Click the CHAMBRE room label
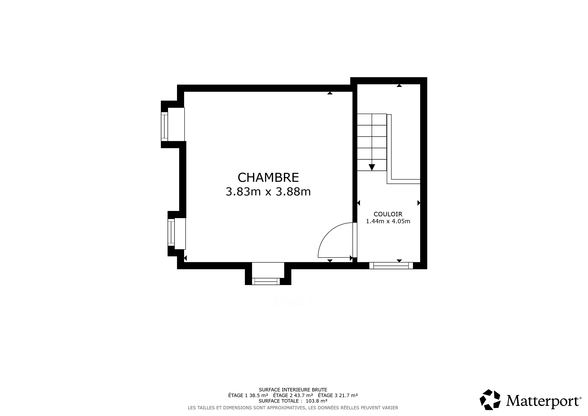[268, 177]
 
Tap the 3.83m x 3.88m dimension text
[268, 192]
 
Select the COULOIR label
[388, 214]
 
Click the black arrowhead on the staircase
[372, 167]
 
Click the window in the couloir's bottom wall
[391, 266]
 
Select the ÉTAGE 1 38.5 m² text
[248, 395]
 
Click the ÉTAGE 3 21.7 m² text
[338, 395]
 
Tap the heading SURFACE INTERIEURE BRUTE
[293, 390]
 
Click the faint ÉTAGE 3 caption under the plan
[294, 302]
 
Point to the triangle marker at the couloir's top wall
[399, 86]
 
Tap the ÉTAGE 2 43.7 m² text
[293, 395]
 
